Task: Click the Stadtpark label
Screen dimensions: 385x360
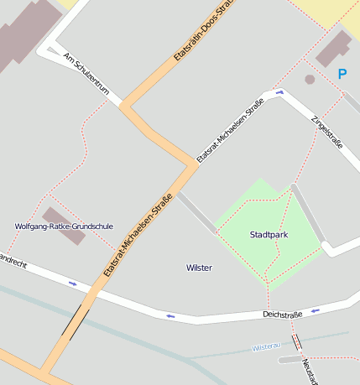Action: (269, 235)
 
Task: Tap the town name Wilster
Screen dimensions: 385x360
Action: (199, 268)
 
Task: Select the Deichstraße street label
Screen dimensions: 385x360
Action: (282, 315)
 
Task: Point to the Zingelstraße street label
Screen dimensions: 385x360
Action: (327, 132)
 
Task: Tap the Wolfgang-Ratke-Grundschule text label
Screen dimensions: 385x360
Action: (64, 226)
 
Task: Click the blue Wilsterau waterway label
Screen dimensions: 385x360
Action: (265, 346)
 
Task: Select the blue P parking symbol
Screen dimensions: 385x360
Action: (342, 74)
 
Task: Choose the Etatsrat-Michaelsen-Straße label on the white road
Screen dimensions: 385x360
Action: (230, 130)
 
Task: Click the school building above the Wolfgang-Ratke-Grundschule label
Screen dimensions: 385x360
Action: (64, 226)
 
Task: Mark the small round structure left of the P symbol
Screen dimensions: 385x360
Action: (310, 80)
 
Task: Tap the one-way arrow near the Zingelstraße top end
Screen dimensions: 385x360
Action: (279, 91)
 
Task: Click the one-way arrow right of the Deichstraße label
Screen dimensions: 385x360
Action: (316, 310)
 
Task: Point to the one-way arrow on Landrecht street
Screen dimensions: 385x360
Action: (73, 284)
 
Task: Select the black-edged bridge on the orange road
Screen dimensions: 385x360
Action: (77, 320)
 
